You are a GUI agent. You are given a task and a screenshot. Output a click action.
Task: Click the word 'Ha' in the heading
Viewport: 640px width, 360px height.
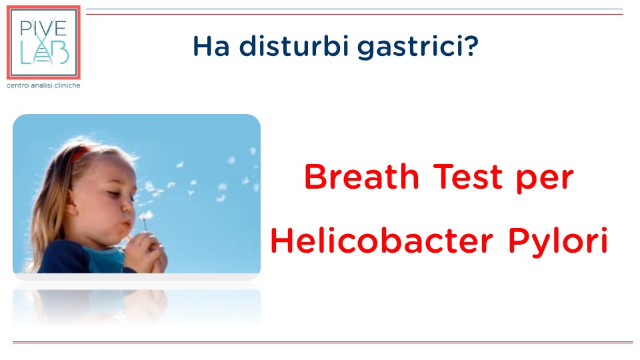point(211,46)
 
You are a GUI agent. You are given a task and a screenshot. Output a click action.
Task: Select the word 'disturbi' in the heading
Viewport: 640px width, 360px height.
point(294,45)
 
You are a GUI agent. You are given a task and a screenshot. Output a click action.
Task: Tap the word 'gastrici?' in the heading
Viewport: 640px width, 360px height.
point(418,47)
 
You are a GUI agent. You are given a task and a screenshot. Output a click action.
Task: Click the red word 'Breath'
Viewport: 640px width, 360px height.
point(361,177)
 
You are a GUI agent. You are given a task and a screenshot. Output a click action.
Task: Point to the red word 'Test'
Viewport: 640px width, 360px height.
point(468,177)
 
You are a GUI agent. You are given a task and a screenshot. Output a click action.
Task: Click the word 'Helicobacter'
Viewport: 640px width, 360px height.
point(382,241)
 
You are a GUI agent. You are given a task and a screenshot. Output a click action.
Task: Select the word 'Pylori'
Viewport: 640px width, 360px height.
point(559,241)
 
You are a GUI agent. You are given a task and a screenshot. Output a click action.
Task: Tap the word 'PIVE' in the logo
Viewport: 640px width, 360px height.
point(43,29)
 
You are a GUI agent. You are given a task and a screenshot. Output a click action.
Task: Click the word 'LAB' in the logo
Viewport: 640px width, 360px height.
point(45,54)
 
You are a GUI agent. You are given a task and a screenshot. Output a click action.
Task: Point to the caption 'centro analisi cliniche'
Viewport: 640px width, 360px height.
point(43,85)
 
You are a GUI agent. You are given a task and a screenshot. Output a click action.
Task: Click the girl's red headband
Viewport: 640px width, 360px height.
point(79,154)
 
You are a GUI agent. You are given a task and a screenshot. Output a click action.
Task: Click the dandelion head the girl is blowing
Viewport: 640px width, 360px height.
point(145,216)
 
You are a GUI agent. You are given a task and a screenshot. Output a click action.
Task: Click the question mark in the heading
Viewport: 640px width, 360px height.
point(471,46)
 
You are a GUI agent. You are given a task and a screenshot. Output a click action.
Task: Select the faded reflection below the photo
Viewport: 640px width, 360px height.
point(137,307)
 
